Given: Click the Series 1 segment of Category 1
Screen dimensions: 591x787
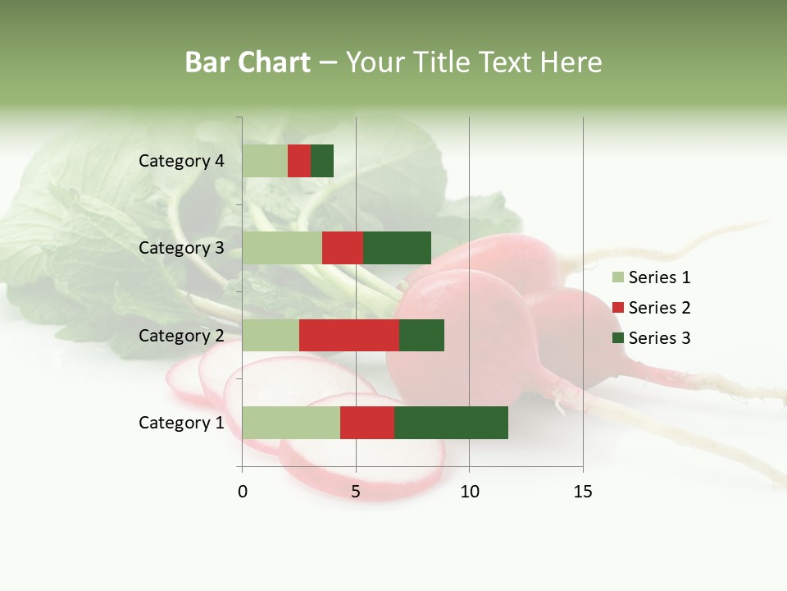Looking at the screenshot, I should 291,423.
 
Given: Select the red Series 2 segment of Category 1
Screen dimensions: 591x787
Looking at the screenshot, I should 367,423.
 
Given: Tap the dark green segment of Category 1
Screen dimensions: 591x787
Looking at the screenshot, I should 451,423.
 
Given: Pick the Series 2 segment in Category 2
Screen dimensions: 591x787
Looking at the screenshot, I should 349,335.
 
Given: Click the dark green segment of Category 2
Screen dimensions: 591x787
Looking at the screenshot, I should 421,335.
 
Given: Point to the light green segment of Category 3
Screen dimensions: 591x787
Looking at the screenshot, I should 282,248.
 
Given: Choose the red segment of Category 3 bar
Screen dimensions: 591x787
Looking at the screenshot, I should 343,248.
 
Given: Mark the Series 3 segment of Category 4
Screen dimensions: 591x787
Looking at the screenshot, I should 322,161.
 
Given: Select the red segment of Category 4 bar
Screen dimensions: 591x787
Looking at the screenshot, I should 299,161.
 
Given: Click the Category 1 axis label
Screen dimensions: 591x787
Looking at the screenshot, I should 181,423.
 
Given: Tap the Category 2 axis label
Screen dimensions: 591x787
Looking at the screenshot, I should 181,336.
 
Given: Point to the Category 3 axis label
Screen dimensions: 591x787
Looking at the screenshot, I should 181,248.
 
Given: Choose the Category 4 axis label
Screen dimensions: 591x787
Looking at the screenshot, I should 181,161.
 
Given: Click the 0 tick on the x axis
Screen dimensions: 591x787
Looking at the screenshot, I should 243,492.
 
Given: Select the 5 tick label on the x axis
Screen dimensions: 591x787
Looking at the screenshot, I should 356,492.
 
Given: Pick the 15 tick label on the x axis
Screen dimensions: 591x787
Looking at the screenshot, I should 583,492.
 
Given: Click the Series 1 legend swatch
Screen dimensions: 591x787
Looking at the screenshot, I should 617,277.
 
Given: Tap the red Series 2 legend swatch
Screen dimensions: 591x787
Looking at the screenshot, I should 617,308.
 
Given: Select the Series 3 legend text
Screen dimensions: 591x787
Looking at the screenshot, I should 660,338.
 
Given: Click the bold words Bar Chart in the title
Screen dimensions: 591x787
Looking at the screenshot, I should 248,62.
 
